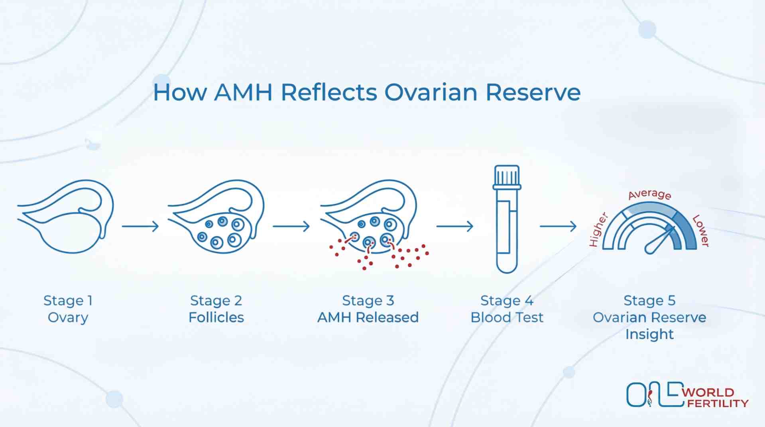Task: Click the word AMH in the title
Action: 243,92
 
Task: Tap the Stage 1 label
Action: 68,301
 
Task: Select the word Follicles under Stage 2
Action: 216,317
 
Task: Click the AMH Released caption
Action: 368,317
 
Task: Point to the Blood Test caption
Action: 507,317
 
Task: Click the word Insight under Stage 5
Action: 649,334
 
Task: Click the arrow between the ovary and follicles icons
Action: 140,226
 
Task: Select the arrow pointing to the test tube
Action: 455,226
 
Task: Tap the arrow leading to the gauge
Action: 558,226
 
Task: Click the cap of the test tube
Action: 507,176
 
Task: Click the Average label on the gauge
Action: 649,195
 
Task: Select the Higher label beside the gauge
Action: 598,230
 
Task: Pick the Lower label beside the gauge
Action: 701,230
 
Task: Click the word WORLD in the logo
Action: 708,392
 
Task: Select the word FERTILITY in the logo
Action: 718,403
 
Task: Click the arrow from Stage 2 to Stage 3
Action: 291,226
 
